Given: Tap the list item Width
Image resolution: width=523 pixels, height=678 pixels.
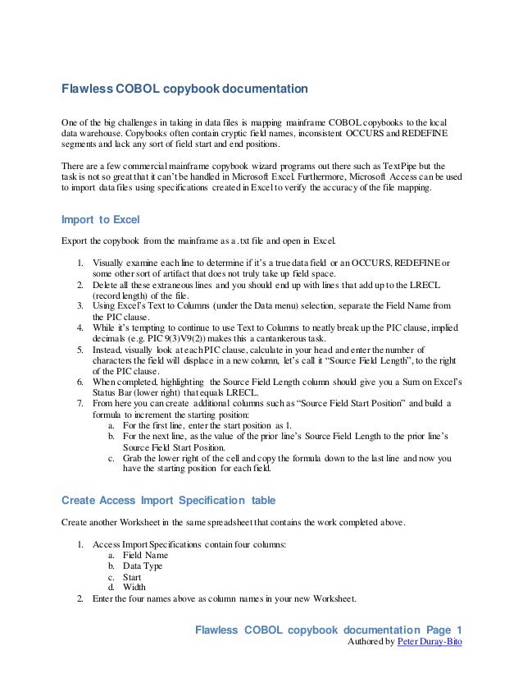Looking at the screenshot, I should click(134, 587).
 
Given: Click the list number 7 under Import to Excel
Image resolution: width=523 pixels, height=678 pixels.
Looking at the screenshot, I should click(80, 405).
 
